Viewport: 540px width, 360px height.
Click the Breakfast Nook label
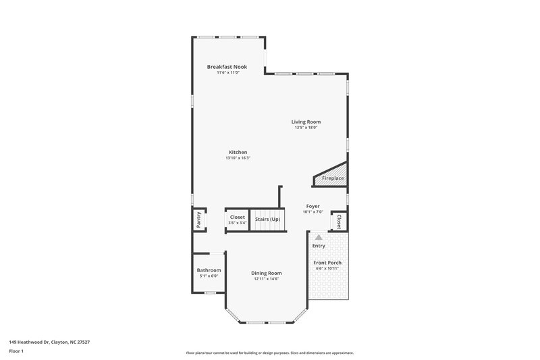227,67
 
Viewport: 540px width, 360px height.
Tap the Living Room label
306,122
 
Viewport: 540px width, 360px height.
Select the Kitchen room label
238,152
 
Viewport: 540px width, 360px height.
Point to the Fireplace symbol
332,178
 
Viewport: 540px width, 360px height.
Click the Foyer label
313,206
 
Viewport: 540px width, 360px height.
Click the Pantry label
199,220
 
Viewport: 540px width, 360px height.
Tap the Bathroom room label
209,270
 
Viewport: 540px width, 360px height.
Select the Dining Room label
267,273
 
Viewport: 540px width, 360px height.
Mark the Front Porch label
327,262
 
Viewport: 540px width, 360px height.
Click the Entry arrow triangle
319,237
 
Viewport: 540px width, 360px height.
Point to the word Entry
319,246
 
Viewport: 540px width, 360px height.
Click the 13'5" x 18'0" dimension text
306,128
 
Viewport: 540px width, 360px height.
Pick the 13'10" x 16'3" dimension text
238,158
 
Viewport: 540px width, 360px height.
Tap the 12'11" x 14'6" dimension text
267,279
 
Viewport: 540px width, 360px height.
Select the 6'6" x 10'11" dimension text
327,268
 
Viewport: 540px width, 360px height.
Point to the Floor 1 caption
17,352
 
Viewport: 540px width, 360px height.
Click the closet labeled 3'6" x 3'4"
237,220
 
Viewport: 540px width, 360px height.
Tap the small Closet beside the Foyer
339,221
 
